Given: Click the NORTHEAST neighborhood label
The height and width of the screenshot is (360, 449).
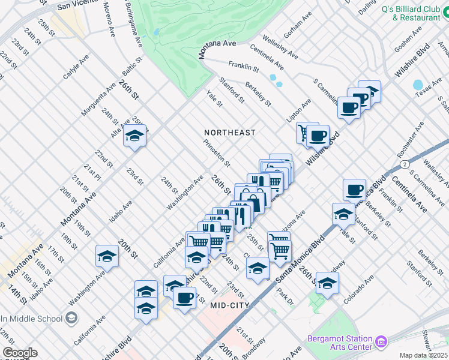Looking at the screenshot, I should click(229, 132).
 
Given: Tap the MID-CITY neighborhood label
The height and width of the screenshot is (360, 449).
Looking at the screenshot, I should click(234, 305).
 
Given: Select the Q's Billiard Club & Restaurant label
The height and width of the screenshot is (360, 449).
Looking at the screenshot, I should click(411, 13).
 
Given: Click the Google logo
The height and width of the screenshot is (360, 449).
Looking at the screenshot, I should click(19, 352).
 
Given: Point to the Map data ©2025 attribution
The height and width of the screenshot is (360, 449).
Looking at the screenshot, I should click(423, 355).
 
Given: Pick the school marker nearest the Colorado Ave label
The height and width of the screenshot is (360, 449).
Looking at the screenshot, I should click(327, 283).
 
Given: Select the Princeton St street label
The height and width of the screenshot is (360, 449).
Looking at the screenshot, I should click(217, 153).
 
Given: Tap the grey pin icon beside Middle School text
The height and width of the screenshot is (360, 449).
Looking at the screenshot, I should click(73, 317).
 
